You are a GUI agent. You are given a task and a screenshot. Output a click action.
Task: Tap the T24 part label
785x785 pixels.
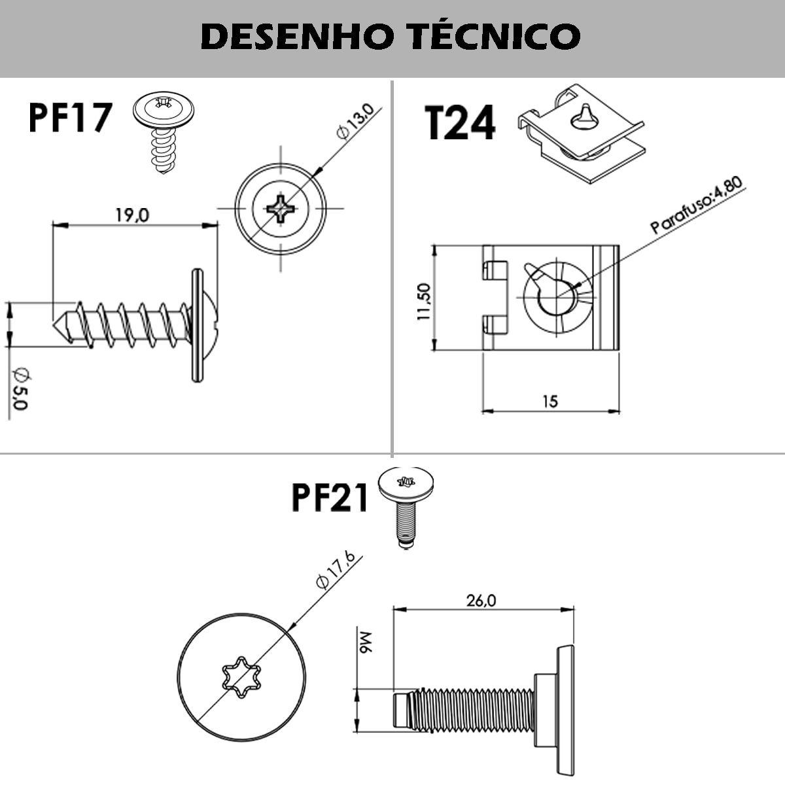[460, 123]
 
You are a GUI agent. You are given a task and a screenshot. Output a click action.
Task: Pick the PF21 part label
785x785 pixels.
[330, 498]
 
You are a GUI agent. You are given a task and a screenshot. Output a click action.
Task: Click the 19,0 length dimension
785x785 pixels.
[133, 215]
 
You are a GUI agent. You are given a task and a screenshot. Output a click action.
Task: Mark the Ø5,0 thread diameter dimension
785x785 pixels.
[20, 388]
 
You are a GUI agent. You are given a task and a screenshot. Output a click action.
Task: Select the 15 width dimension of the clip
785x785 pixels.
[550, 401]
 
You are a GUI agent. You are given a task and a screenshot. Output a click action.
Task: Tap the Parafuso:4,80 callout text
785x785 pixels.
[697, 206]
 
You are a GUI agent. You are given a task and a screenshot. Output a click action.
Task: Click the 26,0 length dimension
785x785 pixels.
[481, 600]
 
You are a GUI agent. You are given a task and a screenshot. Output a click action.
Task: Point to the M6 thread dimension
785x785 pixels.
[364, 643]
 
